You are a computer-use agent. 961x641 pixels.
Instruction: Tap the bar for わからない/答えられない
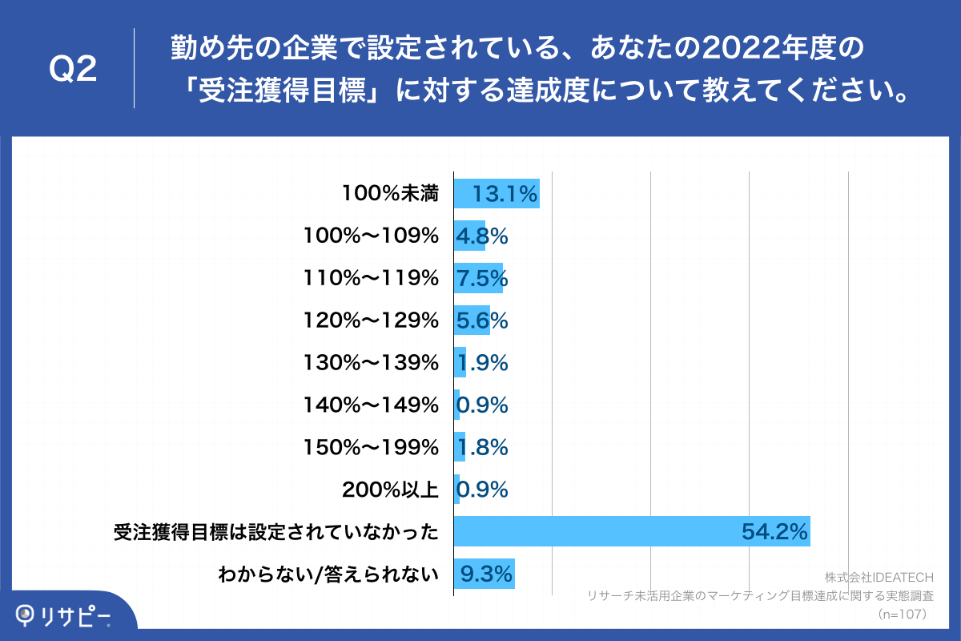484,574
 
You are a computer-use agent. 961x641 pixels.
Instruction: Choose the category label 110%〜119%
372,278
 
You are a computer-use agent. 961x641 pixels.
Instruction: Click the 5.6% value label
482,320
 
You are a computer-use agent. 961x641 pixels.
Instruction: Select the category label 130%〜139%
372,363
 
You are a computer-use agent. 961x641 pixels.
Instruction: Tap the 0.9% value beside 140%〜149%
482,405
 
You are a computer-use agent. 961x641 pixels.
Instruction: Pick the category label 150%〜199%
372,448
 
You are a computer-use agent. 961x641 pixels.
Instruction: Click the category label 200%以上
390,490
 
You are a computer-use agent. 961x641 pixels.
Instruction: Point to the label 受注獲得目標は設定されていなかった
276,532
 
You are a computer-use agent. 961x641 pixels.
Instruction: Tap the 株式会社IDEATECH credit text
875,578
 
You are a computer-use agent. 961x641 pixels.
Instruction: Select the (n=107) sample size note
903,615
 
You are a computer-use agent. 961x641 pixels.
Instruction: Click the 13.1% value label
505,194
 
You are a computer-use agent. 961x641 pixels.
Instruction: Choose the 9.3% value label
485,574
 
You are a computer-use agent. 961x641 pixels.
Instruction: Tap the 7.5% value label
482,278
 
